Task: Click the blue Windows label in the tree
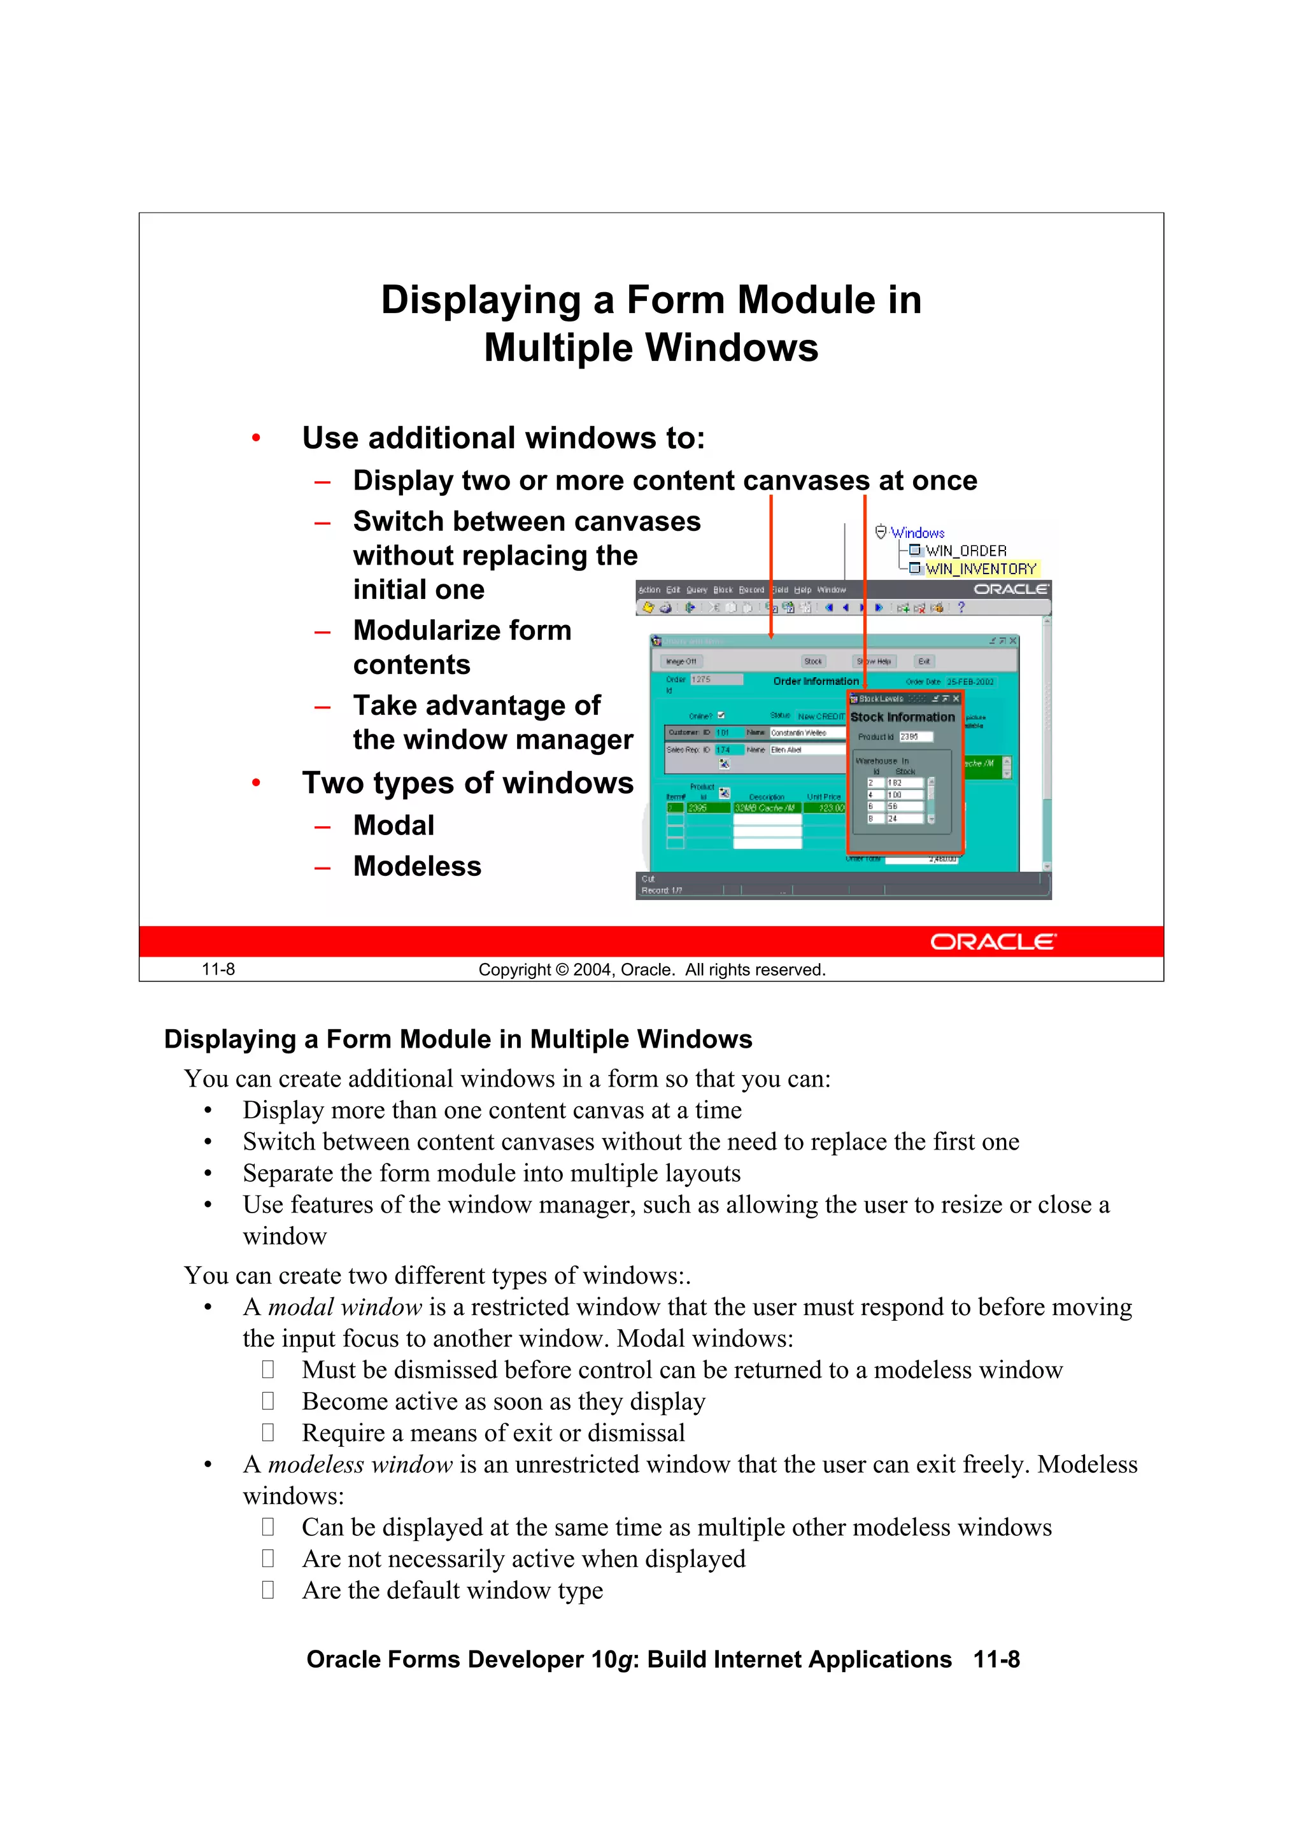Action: [x=917, y=533]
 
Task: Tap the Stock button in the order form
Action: [x=813, y=662]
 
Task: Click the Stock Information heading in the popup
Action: [x=902, y=717]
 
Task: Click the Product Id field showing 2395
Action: [x=914, y=736]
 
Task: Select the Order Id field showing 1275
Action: [x=715, y=679]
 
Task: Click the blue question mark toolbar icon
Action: [x=960, y=608]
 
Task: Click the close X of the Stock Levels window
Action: [x=956, y=699]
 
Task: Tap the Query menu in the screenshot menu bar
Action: [x=696, y=590]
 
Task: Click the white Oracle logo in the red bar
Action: [x=993, y=942]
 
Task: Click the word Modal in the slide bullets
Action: [x=393, y=826]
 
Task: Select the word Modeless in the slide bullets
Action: [x=417, y=866]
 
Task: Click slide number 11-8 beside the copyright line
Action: [x=218, y=969]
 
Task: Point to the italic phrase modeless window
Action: [x=360, y=1464]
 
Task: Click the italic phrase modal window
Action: [x=344, y=1307]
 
